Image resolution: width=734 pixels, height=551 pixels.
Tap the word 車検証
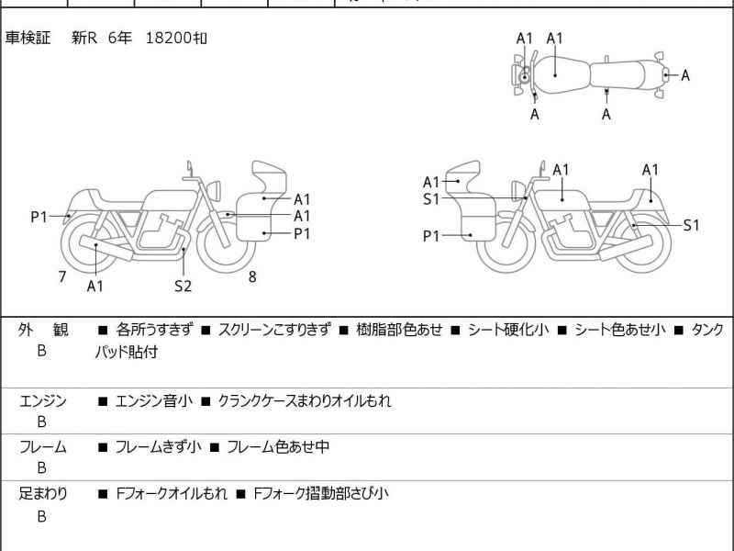coord(28,39)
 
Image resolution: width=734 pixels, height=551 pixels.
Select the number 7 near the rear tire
coord(61,276)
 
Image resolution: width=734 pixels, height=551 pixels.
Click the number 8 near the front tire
coord(251,276)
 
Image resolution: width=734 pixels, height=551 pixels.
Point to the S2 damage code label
coord(183,287)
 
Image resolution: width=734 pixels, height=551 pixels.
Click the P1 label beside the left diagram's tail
coord(39,217)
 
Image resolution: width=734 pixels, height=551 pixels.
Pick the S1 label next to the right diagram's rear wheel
coord(691,225)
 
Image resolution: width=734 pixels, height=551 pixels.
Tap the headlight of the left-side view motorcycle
coord(217,189)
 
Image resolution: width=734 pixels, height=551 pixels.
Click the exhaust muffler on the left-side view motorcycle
coord(101,245)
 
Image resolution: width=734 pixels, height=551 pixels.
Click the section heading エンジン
coord(43,401)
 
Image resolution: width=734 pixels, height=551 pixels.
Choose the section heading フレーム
coord(43,447)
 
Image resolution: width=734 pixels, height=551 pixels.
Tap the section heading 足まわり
coord(43,493)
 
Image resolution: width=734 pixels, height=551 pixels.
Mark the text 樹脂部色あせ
coord(399,330)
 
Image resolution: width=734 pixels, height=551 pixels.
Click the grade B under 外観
coord(41,351)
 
